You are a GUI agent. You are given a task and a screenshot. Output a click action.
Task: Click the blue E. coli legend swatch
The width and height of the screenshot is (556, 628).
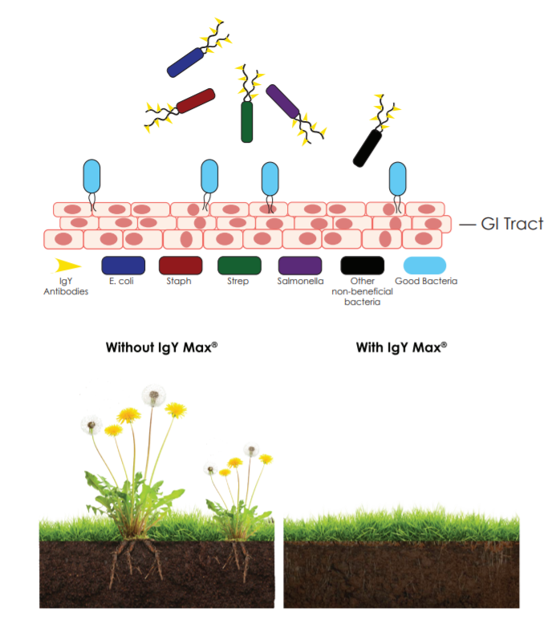[123, 265]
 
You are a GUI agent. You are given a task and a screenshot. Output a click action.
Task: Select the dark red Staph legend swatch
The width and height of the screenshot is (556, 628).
[181, 265]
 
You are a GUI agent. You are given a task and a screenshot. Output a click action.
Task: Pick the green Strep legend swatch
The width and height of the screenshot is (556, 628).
[239, 265]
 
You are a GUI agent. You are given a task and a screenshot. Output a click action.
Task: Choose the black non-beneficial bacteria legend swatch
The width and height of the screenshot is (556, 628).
[362, 265]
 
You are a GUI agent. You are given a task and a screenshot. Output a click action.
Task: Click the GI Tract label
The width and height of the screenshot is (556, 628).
[511, 225]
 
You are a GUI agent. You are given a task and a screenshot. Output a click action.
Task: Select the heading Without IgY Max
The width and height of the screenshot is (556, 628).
[162, 348]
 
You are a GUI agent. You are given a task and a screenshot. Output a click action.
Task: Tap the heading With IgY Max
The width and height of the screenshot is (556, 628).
[401, 348]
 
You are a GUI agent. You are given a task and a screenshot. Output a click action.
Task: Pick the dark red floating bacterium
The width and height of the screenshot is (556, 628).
[195, 101]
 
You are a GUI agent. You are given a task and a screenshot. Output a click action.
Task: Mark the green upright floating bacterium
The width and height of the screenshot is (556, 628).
[247, 122]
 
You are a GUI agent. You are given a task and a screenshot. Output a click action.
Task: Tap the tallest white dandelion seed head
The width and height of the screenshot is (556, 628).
[152, 395]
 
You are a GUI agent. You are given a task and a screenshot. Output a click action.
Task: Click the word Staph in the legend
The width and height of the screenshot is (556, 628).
[180, 282]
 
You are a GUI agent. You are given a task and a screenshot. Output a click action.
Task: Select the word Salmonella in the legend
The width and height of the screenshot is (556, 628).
[299, 282]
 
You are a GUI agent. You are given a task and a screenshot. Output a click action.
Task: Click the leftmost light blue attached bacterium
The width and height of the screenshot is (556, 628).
[93, 175]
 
